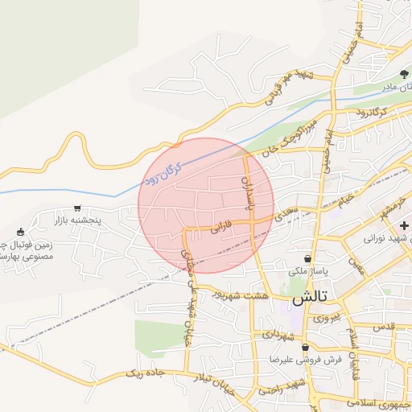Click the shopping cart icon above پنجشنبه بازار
[77, 208]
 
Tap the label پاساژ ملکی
[310, 271]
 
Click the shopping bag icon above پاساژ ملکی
[307, 259]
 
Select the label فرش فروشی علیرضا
[305, 360]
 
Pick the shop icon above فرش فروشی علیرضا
[305, 348]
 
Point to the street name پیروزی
[326, 318]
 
